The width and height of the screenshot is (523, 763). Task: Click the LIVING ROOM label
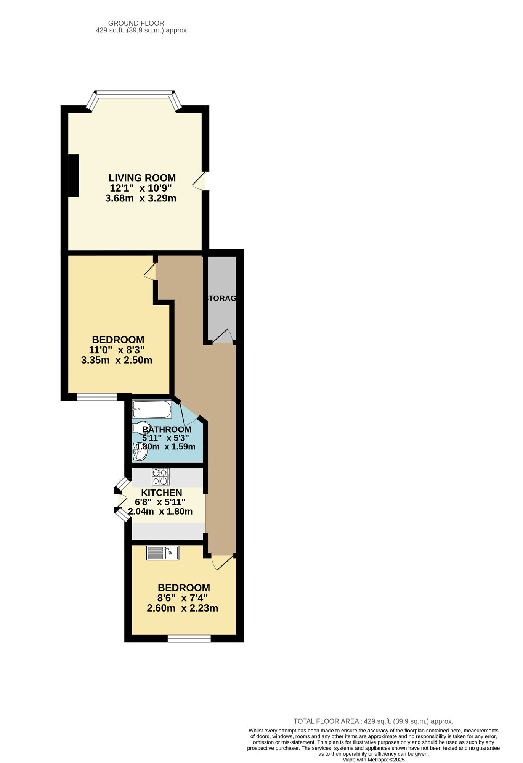(142, 178)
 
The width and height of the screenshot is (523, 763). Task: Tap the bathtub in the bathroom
(152, 409)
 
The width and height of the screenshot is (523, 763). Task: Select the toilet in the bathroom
(141, 427)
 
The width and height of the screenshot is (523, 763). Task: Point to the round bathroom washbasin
(140, 453)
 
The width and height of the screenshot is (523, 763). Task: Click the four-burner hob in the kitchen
(160, 476)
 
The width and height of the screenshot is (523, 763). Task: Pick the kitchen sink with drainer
(162, 553)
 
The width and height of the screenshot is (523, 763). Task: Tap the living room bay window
(134, 93)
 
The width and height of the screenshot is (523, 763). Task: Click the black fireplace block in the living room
(74, 175)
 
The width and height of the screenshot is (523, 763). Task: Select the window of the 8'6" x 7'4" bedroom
(189, 638)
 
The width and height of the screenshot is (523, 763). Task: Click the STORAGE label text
(221, 298)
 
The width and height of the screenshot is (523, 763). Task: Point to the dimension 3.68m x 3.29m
(141, 198)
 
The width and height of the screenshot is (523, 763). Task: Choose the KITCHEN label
(161, 493)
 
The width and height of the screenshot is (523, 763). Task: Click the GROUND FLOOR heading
(136, 23)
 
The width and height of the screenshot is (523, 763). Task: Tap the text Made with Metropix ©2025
(373, 760)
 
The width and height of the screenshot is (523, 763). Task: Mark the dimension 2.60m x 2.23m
(182, 608)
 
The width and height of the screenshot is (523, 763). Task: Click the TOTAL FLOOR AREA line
(373, 721)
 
